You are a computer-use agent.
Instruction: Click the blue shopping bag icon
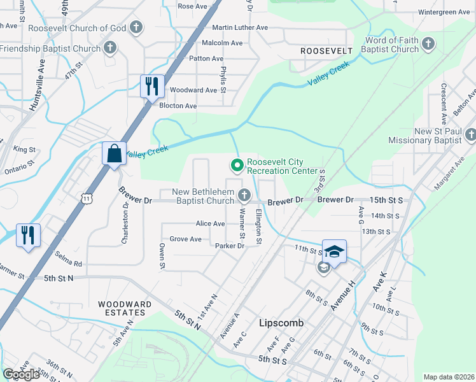coord(113,153)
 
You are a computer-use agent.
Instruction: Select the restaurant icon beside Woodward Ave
coord(151,86)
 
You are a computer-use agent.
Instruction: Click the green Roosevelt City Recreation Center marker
coord(237,166)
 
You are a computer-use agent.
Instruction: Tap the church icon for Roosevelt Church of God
coord(136,27)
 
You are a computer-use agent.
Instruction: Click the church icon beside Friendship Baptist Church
coord(110,48)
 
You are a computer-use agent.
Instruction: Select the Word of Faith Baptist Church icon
coord(428,44)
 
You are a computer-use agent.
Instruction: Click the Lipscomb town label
coord(281,323)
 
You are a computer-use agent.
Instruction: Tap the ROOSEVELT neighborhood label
coord(326,50)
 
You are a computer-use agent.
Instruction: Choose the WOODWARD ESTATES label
coord(125,309)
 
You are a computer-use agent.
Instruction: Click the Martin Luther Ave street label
coord(240,28)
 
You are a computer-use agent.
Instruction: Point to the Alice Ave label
coord(210,223)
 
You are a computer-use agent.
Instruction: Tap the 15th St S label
coord(386,200)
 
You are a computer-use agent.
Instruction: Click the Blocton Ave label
coord(178,106)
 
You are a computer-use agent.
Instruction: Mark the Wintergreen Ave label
coord(444,12)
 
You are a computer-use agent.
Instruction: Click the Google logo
coord(21,374)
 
